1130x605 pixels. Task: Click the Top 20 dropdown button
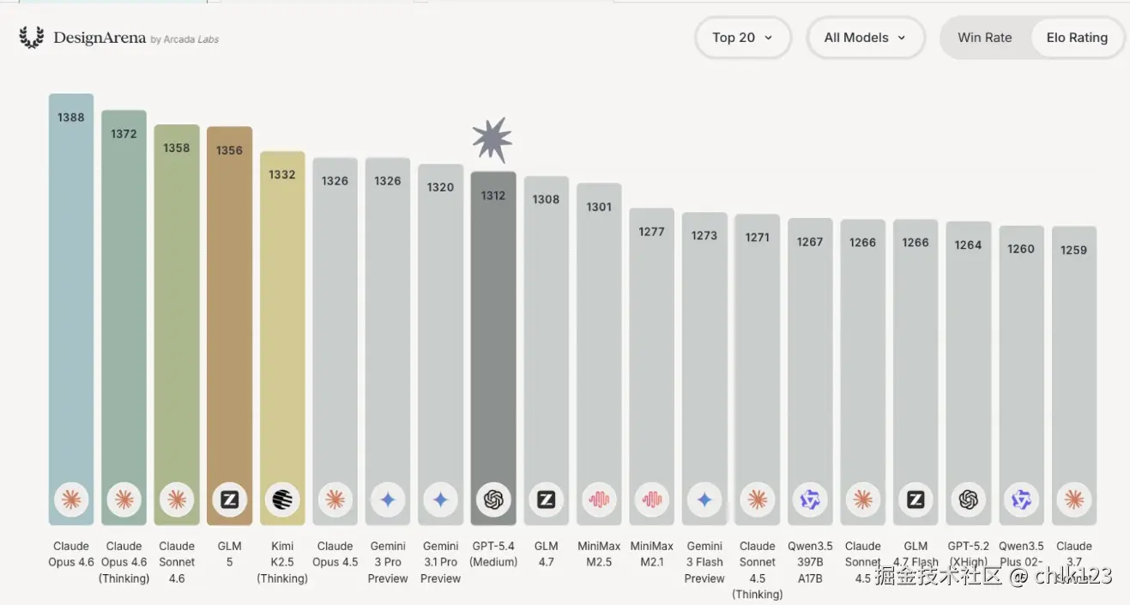(x=742, y=38)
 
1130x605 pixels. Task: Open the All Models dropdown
(x=865, y=38)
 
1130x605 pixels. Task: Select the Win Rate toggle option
(x=984, y=38)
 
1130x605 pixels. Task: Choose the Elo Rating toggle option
(x=1077, y=38)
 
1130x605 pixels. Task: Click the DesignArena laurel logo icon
(x=32, y=38)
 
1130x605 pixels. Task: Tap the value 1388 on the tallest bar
(x=71, y=118)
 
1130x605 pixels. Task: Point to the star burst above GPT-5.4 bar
(x=492, y=140)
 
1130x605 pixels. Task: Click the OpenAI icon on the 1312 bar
(x=493, y=499)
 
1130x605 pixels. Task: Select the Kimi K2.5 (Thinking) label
(x=282, y=562)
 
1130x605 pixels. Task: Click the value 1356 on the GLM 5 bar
(x=229, y=150)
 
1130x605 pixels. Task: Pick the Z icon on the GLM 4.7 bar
(x=546, y=499)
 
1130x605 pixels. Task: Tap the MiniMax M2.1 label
(x=652, y=554)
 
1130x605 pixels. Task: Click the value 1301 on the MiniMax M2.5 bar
(x=599, y=207)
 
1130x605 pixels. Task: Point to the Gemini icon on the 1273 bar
(x=704, y=499)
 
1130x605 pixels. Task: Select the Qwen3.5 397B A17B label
(x=810, y=562)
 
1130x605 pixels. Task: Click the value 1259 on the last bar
(x=1073, y=251)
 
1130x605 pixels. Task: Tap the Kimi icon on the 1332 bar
(x=282, y=499)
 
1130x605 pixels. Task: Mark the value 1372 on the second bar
(x=124, y=134)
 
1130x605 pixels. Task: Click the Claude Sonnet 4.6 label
(x=177, y=562)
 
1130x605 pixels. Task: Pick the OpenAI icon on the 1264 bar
(x=968, y=499)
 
